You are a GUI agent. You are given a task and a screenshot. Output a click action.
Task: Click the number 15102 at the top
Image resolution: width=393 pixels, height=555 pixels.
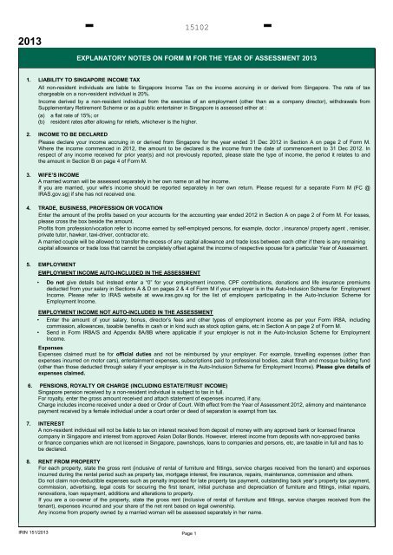(x=197, y=27)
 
